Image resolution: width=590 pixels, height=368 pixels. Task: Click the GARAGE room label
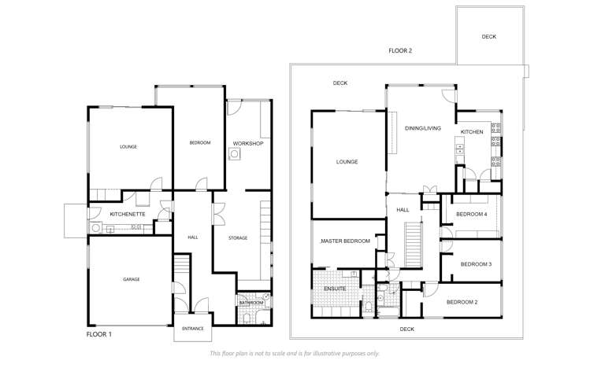point(131,279)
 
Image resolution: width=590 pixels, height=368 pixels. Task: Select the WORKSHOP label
point(247,143)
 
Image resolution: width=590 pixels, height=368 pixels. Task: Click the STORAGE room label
point(238,237)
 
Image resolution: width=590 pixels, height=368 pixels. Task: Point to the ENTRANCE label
point(193,328)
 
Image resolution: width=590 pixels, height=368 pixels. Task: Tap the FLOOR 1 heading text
point(99,334)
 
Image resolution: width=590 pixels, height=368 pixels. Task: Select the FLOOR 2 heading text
point(400,50)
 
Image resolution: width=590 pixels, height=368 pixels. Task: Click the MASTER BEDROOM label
point(344,241)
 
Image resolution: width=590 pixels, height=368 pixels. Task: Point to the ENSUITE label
point(336,289)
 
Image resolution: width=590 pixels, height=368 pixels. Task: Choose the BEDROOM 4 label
point(472,214)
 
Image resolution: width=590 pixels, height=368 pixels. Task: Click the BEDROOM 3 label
point(476,264)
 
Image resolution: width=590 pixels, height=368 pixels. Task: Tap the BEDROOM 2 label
point(462,302)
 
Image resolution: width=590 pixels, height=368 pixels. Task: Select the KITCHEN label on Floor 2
point(472,132)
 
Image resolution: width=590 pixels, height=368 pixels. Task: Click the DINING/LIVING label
point(423,127)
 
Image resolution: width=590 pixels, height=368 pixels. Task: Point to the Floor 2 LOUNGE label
point(347,162)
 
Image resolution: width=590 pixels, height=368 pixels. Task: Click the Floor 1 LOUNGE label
point(128,147)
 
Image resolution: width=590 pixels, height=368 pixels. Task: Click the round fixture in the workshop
point(234,155)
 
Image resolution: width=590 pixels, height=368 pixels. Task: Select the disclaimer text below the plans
point(295,353)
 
